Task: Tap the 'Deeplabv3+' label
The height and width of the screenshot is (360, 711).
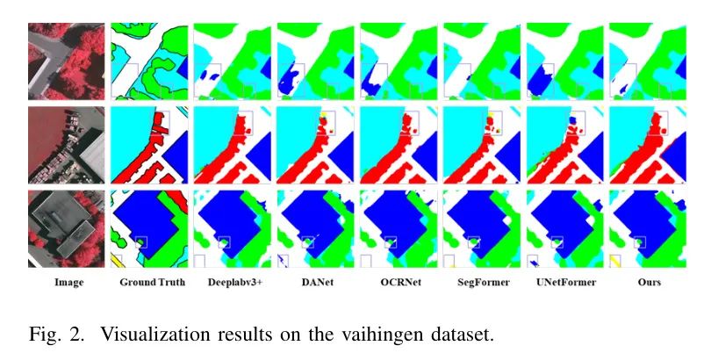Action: tap(230, 283)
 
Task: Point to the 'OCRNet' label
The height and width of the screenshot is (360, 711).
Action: tap(397, 283)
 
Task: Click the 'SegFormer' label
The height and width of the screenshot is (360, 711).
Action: tap(479, 283)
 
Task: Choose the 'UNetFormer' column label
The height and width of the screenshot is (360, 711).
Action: tap(563, 283)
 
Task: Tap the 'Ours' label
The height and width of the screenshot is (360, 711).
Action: tap(647, 283)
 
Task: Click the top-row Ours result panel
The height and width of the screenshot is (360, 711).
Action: tap(646, 61)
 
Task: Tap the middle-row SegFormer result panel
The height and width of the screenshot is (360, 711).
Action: tap(481, 144)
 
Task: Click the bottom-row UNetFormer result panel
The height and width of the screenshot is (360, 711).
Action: tap(564, 228)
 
